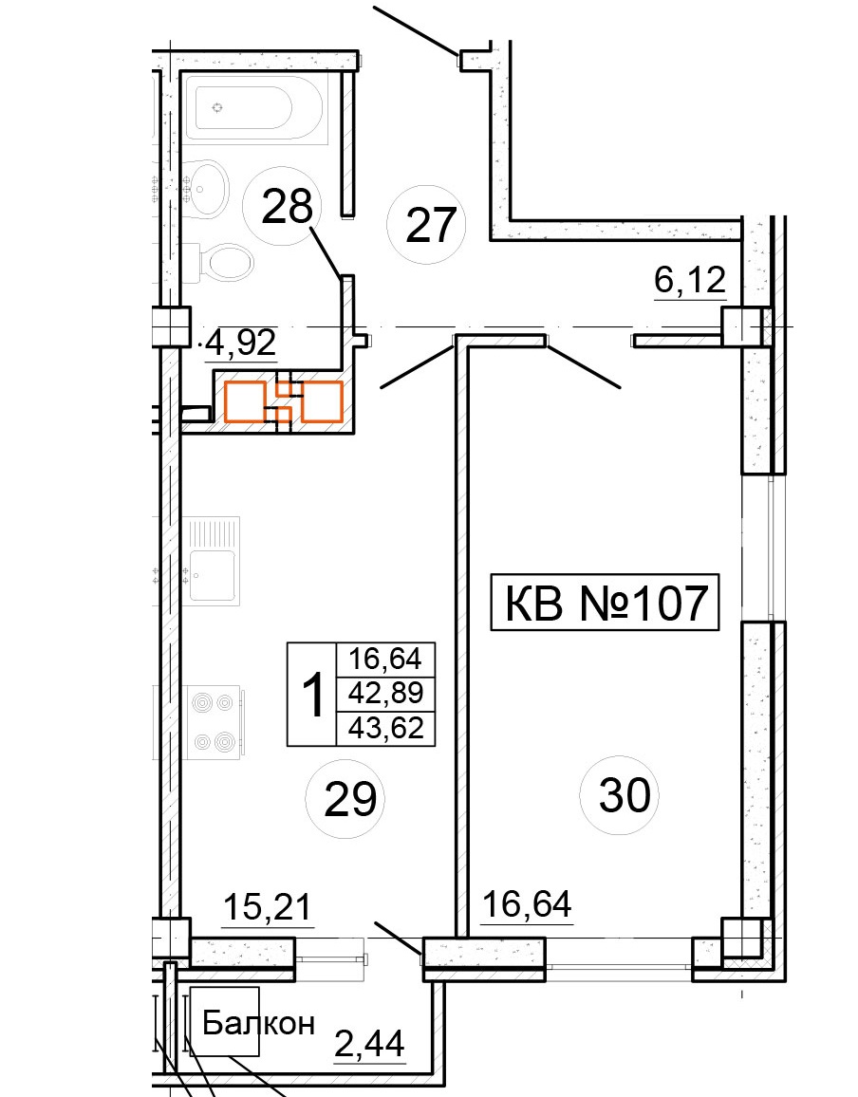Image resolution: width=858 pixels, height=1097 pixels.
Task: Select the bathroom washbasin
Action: click(x=210, y=189)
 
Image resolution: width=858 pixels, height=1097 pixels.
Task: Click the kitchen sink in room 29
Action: click(x=213, y=561)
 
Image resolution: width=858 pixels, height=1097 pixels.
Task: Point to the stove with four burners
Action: click(x=214, y=721)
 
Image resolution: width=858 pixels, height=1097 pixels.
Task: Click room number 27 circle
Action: click(x=426, y=225)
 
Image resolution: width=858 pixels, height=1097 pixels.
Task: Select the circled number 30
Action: click(x=620, y=795)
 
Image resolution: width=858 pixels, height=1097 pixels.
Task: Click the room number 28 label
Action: click(x=287, y=208)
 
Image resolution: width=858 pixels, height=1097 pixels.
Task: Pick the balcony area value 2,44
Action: click(x=369, y=1045)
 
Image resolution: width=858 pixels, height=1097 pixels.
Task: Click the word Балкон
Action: click(x=258, y=1024)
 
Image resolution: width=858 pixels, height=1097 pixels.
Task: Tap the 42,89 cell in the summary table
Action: click(x=386, y=694)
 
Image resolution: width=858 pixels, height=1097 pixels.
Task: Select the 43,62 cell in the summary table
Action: click(x=386, y=728)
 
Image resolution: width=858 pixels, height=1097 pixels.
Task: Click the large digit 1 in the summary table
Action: click(x=313, y=695)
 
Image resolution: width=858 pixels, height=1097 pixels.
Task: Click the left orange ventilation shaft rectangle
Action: click(x=245, y=401)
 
